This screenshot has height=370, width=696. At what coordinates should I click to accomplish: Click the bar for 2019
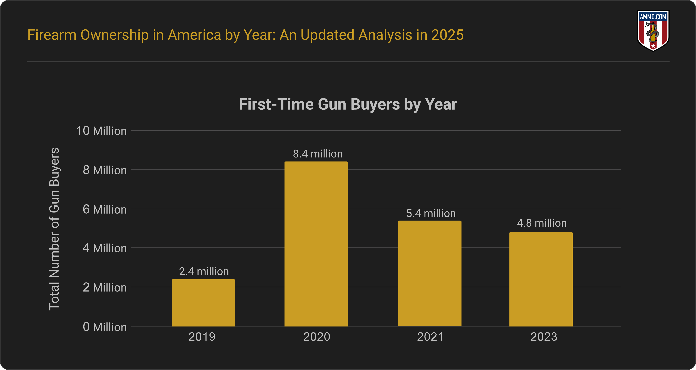(x=203, y=303)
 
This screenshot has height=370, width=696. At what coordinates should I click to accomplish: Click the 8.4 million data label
(x=318, y=154)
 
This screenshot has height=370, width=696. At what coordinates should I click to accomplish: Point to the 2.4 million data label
(x=204, y=271)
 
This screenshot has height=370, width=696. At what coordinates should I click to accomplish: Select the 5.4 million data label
(x=431, y=214)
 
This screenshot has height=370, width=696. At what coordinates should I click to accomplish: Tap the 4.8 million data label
(x=542, y=223)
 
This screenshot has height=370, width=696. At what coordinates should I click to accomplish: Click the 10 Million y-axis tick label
(x=101, y=131)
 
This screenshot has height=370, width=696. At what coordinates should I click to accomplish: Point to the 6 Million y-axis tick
(x=105, y=210)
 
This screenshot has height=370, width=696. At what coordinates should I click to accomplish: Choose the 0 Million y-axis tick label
(x=105, y=327)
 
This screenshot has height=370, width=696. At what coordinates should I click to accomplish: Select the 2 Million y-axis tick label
(x=105, y=288)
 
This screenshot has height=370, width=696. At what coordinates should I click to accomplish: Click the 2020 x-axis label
(x=317, y=337)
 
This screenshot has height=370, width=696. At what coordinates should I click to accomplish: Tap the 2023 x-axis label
(x=544, y=337)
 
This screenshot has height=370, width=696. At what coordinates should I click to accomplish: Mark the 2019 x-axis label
(x=202, y=337)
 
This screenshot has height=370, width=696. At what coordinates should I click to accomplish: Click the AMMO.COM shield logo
(x=653, y=30)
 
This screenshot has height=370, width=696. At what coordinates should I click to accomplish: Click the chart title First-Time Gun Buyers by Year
(x=348, y=104)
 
